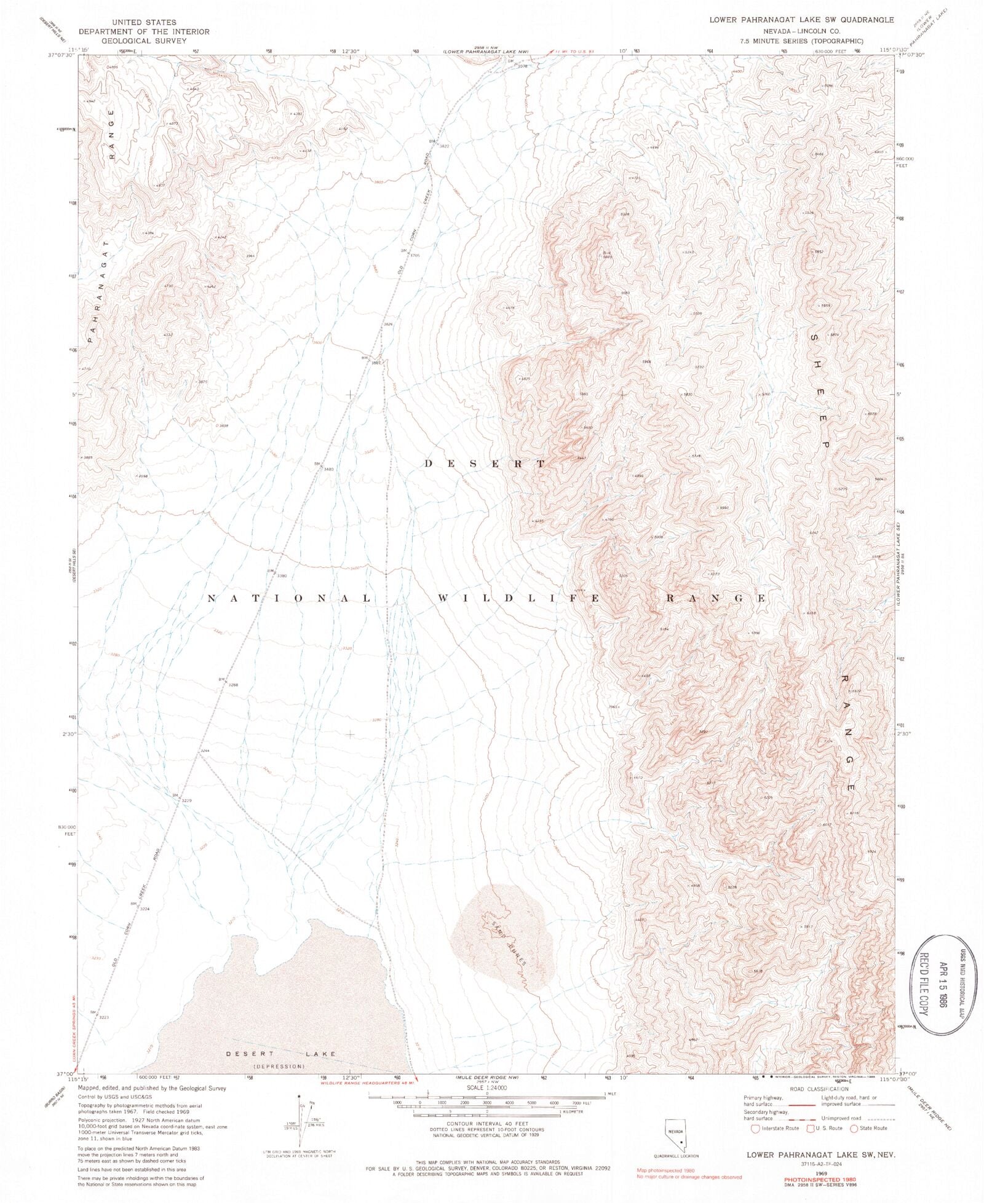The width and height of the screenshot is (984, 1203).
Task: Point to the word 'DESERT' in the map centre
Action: click(x=484, y=463)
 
